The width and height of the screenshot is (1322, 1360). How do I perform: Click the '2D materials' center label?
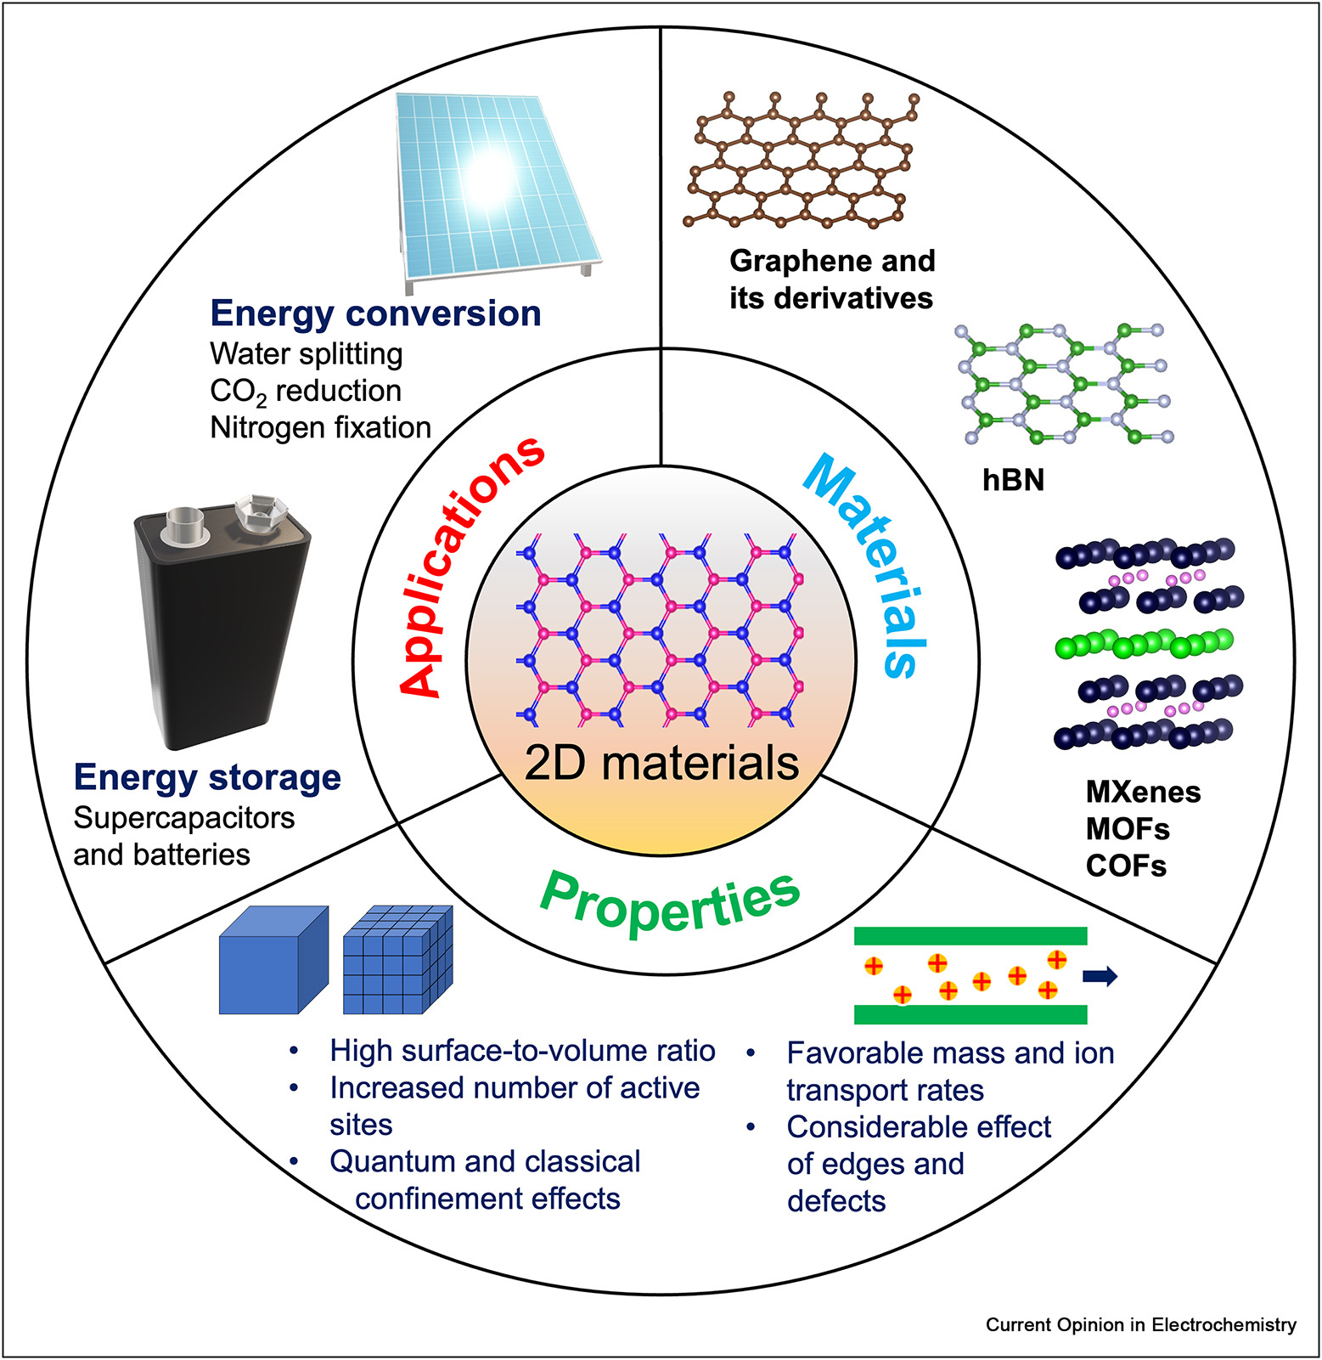click(661, 763)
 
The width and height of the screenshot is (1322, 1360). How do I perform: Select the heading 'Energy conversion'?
click(375, 313)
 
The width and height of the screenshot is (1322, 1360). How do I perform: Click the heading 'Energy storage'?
click(207, 777)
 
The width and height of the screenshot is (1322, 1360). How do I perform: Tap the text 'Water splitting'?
click(306, 353)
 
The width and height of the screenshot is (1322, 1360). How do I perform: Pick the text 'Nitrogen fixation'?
click(320, 427)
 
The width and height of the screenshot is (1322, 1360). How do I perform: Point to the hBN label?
click(1013, 481)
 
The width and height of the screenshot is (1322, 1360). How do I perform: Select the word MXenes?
click(1143, 792)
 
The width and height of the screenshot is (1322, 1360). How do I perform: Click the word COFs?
click(1126, 866)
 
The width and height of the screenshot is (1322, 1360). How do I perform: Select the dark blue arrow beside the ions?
click(1100, 977)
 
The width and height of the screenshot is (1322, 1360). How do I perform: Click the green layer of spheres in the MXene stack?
click(1143, 644)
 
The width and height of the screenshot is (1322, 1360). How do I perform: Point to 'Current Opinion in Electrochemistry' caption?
click(1140, 1325)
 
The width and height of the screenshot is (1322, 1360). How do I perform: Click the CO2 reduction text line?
click(306, 391)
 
